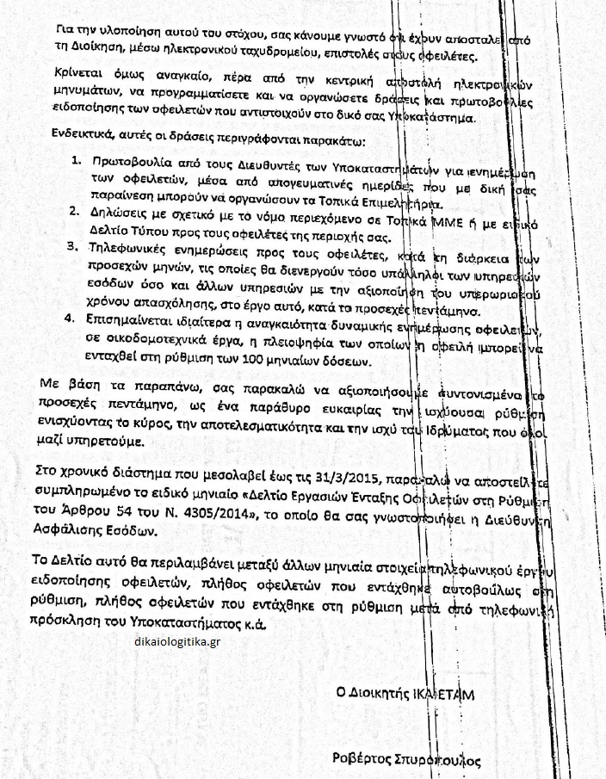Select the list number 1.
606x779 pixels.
pyautogui.click(x=77, y=161)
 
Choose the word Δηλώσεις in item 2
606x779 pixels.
pyautogui.click(x=118, y=211)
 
